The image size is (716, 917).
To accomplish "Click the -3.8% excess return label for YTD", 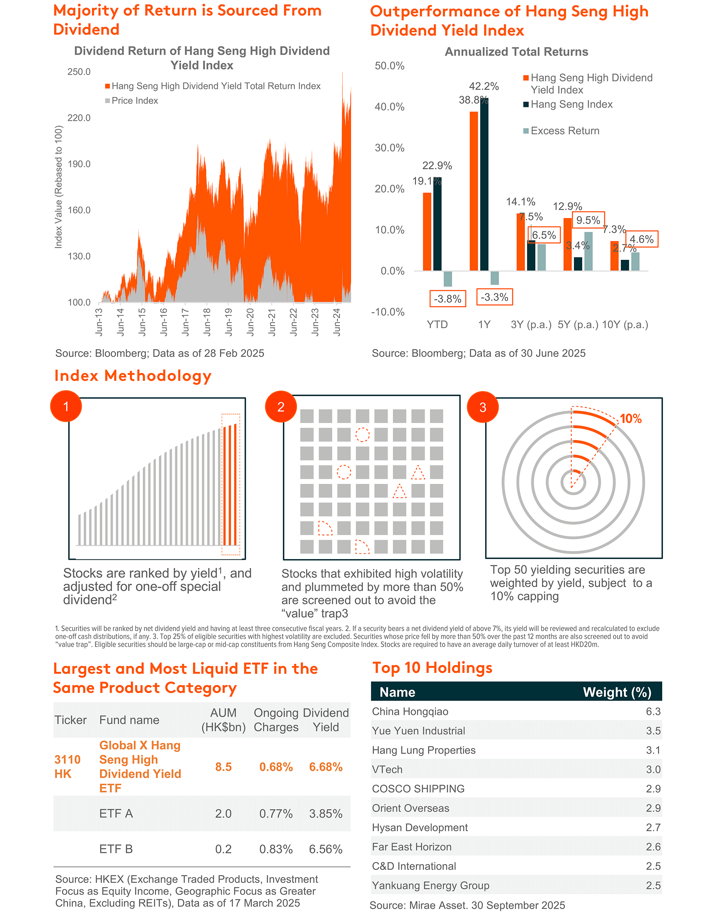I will [447, 299].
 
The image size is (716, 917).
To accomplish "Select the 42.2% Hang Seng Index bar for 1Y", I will [484, 185].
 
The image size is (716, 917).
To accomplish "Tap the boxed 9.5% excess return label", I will [588, 220].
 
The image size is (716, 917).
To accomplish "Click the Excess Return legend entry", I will [565, 131].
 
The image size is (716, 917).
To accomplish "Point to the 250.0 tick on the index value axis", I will [79, 72].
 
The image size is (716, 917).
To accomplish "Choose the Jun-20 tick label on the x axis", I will [250, 322].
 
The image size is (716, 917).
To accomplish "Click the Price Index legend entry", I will [134, 101].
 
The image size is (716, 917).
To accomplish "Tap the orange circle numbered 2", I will [281, 407].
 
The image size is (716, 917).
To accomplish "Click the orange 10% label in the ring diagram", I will [630, 419].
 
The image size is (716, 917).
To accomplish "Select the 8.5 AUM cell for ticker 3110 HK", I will [223, 767].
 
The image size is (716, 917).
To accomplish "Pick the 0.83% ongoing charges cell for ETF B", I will [276, 849].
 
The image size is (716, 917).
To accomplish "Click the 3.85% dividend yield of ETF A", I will [326, 813].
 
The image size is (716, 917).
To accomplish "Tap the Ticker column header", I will [71, 720].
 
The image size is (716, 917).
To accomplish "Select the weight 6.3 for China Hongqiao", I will [653, 711].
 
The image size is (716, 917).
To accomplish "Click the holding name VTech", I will [387, 769].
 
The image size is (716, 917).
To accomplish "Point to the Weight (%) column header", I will [617, 692].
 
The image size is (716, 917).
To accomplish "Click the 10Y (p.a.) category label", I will [625, 325].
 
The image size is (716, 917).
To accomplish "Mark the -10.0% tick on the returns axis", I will [388, 312].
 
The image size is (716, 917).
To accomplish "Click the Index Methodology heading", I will [133, 375].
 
